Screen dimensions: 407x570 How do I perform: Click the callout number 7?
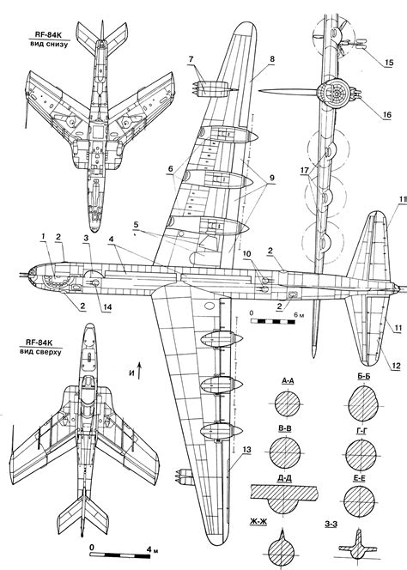click(191, 59)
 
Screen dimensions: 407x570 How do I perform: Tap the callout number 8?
click(271, 59)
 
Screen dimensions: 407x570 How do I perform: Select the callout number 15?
click(389, 63)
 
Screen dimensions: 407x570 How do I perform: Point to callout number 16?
click(386, 115)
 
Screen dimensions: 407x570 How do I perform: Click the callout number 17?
click(305, 170)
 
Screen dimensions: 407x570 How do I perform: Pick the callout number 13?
click(246, 450)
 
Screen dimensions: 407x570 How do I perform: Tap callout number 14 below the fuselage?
click(107, 307)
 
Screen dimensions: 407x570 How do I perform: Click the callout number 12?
click(396, 366)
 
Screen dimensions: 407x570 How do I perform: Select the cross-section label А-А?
click(288, 380)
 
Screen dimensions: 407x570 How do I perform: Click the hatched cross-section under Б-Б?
click(363, 403)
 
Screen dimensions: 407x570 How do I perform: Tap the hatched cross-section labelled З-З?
click(358, 545)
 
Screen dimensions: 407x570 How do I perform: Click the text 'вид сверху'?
click(40, 352)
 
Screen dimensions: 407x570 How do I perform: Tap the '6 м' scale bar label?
click(300, 315)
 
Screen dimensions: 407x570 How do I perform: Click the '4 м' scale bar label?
click(152, 549)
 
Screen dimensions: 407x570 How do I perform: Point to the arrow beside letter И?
click(139, 370)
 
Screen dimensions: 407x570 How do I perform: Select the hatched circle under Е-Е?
click(359, 501)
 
